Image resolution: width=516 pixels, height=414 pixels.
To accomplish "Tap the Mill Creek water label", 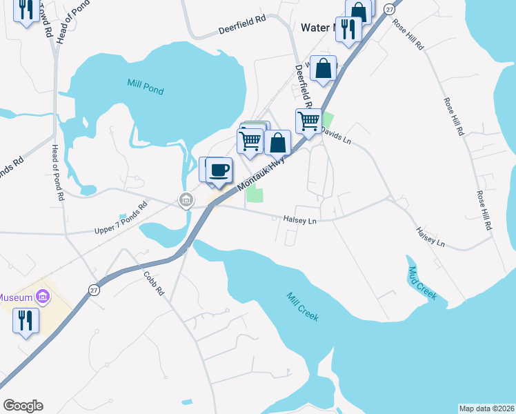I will pyautogui.click(x=302, y=306).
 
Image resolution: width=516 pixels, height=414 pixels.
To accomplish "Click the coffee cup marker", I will pyautogui.click(x=219, y=171).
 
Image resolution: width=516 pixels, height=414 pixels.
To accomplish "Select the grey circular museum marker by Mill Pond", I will pyautogui.click(x=186, y=200).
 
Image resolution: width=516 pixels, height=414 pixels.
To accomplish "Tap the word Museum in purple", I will pyautogui.click(x=16, y=297).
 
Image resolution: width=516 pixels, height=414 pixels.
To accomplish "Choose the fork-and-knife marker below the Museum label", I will pyautogui.click(x=26, y=321).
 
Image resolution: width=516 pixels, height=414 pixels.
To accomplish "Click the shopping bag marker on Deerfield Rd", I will pyautogui.click(x=324, y=68).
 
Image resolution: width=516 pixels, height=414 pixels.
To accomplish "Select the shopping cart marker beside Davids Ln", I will pyautogui.click(x=308, y=121).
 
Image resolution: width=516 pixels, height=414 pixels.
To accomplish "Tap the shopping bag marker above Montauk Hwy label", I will pyautogui.click(x=277, y=144).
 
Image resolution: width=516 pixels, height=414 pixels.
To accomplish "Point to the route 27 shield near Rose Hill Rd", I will pyautogui.click(x=390, y=8).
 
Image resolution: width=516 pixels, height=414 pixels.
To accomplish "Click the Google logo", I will pyautogui.click(x=22, y=406).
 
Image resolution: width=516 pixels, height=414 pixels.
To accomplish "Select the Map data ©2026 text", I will pyautogui.click(x=486, y=408).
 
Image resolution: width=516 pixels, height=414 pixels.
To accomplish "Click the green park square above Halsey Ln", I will pyautogui.click(x=255, y=195).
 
